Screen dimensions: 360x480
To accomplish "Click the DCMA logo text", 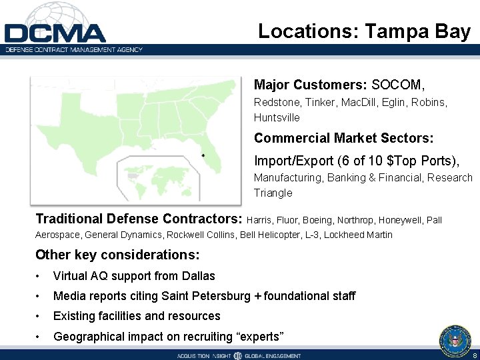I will tap(55, 33).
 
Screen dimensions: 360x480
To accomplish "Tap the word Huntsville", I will tap(277, 118).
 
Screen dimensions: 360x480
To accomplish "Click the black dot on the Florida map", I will tap(202, 155).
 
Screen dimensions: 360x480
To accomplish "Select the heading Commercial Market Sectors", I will tap(343, 138).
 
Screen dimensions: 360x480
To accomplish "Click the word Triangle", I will tap(273, 193).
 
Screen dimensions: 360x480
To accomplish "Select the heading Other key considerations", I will tap(117, 255).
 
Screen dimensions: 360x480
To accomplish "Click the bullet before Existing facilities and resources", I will tap(39, 316).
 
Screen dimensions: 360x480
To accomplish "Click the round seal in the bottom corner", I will tap(455, 339).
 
